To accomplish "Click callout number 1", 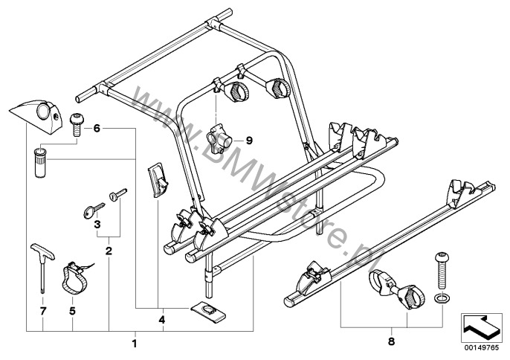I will [135, 343].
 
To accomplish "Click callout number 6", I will [97, 128].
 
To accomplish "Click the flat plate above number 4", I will [207, 311].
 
